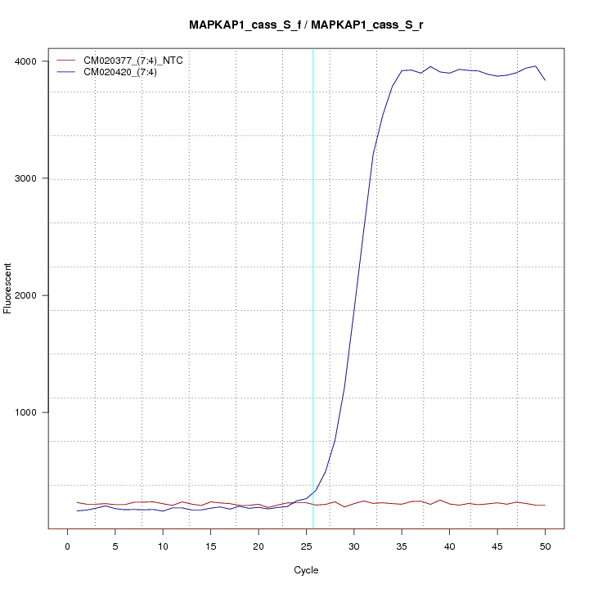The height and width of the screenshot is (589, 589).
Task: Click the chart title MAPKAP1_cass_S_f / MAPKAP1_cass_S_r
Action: [306, 25]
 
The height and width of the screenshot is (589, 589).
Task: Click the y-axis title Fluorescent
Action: [9, 289]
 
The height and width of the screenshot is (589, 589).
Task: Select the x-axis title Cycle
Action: [306, 570]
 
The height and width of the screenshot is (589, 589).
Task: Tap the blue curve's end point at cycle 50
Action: [545, 80]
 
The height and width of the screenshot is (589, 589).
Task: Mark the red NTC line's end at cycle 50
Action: [545, 506]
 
